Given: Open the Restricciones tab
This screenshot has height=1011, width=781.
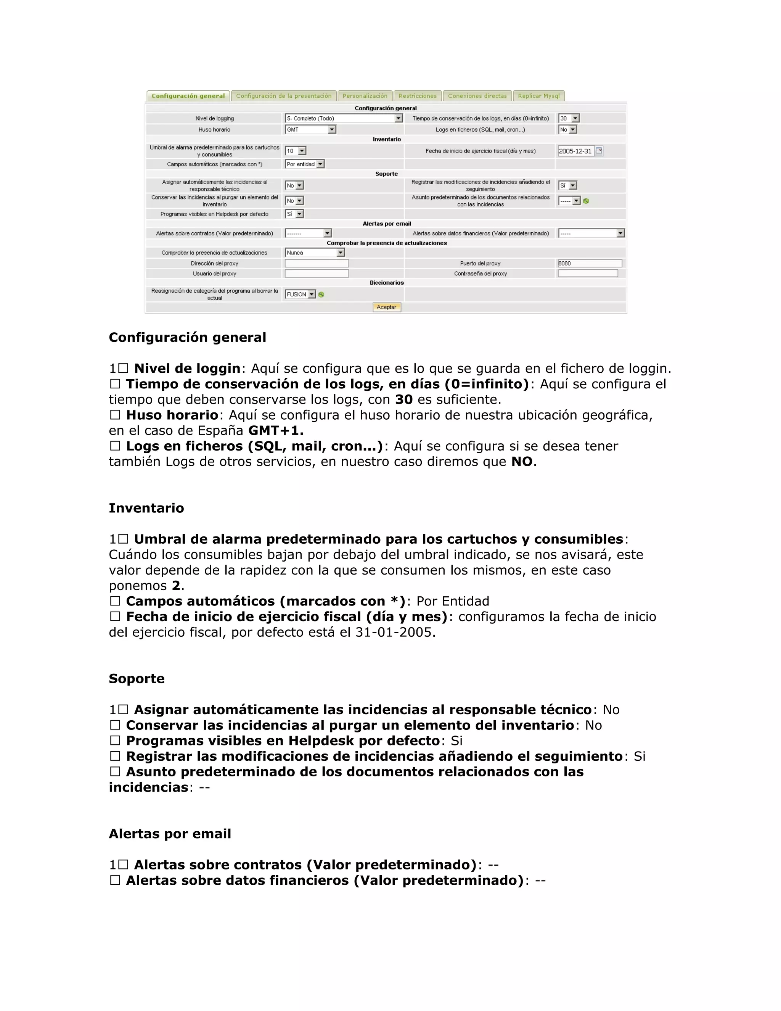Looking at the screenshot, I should [417, 96].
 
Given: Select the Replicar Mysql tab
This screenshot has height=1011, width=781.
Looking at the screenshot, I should [538, 96].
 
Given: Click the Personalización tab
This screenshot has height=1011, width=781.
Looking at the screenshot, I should [365, 96].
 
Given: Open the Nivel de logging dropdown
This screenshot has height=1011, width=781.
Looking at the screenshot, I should [343, 119].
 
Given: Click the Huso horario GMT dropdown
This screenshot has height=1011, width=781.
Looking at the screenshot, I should [310, 130].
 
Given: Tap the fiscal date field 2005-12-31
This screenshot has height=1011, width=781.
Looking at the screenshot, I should [575, 151].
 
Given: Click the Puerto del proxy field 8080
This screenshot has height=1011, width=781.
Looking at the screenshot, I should [590, 263].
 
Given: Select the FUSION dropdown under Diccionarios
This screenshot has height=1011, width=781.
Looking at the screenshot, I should [300, 295].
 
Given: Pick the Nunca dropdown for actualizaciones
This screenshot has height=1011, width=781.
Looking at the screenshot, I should [315, 253].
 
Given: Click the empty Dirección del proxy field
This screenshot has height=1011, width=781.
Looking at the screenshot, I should [317, 263].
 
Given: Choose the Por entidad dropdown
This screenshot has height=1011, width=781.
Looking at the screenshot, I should [304, 164].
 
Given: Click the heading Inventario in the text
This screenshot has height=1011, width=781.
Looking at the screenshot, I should [146, 508].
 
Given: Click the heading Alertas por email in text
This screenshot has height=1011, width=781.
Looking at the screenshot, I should [170, 834].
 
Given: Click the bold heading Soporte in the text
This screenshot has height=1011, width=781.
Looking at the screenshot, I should [137, 679].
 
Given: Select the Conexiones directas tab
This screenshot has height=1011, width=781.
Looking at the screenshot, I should [477, 96].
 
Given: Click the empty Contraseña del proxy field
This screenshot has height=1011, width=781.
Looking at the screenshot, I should [588, 274].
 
